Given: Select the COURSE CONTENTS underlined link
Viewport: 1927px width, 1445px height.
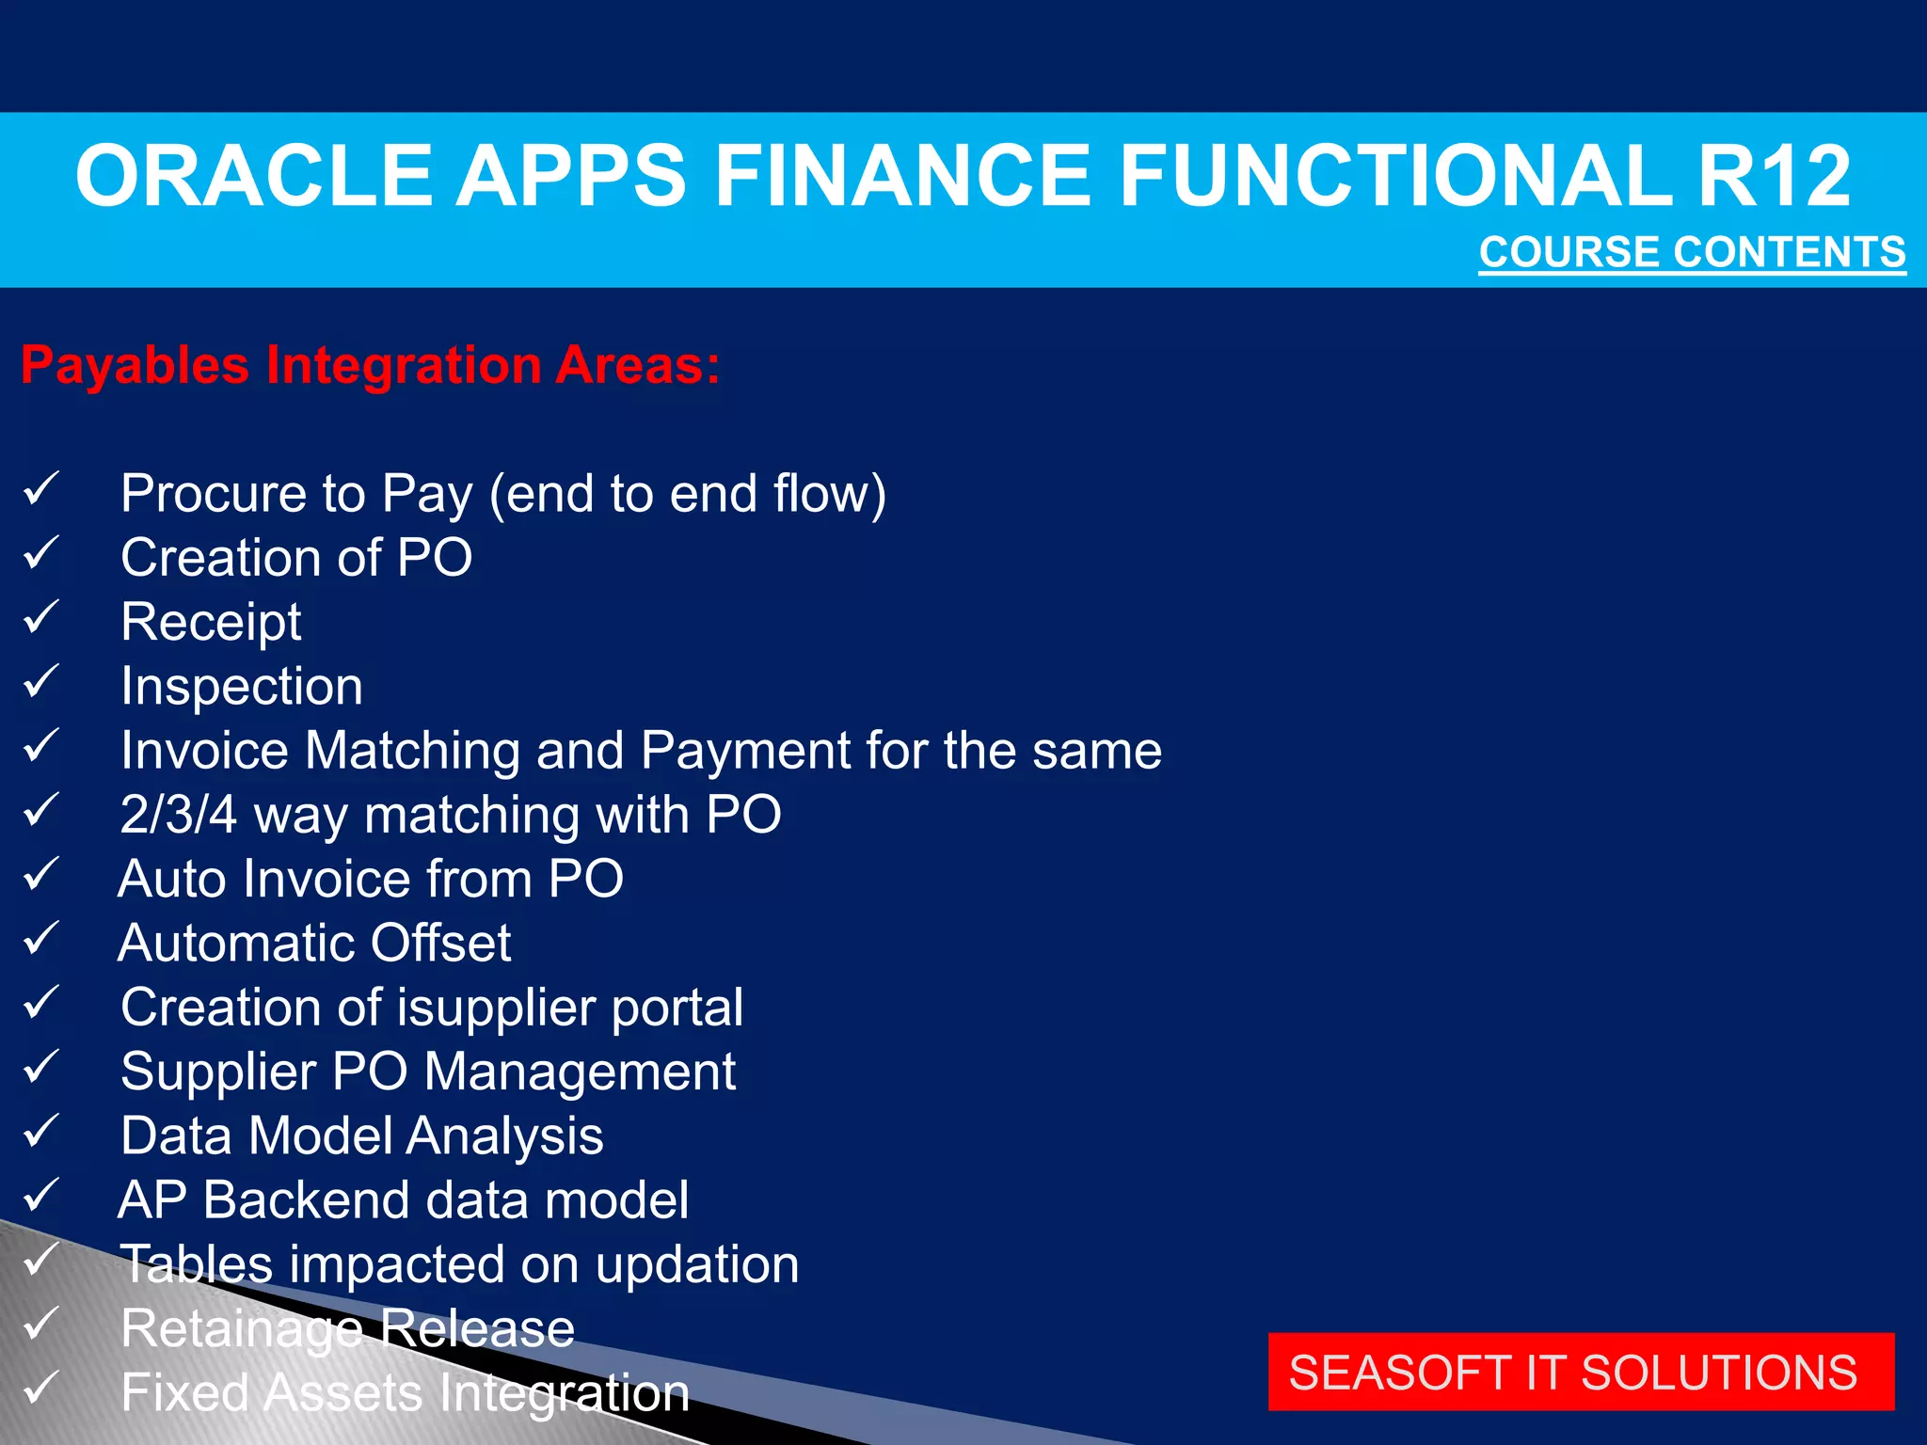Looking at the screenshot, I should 1692,252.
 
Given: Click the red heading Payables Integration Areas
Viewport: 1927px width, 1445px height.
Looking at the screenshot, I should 371,365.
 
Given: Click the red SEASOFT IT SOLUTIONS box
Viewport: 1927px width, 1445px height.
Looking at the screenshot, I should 1581,1372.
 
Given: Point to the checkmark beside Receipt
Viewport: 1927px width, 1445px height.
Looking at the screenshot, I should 41,618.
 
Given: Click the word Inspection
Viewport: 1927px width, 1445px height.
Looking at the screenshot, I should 242,686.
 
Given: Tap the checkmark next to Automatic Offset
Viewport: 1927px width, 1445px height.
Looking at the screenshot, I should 41,939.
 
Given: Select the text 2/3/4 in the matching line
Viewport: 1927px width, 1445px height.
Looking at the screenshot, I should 179,814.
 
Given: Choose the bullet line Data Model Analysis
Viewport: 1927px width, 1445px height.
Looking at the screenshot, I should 362,1135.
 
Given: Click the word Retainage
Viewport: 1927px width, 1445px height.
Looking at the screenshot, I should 242,1328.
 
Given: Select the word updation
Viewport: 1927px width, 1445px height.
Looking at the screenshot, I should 697,1264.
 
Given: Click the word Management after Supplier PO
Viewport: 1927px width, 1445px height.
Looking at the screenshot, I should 581,1072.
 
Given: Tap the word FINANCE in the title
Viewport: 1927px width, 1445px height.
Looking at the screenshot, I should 906,176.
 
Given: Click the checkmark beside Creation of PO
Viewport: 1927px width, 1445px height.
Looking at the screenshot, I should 41,553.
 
